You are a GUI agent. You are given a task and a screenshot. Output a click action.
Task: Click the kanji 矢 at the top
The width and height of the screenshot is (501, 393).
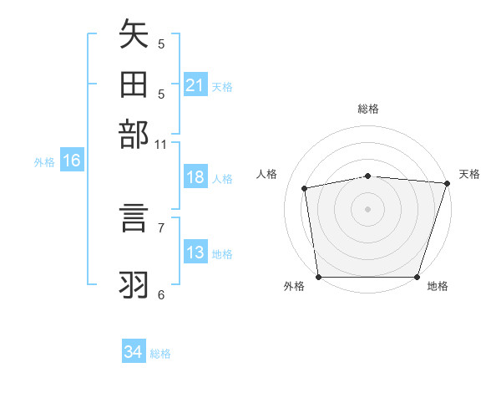click(134, 37)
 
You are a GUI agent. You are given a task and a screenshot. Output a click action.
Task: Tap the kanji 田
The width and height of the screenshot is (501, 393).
click(134, 86)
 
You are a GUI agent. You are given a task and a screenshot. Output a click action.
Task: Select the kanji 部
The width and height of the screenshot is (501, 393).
click(134, 135)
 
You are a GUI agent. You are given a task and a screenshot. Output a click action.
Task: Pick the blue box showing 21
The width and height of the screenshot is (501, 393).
click(195, 85)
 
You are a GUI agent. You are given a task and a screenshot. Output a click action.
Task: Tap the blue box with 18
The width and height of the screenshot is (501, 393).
click(195, 177)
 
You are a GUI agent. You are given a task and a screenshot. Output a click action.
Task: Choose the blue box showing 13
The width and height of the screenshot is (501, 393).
click(195, 253)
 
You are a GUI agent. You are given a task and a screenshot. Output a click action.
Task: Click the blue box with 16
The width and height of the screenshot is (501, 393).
click(71, 161)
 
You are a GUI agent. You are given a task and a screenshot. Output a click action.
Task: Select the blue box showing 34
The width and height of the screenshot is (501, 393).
click(133, 352)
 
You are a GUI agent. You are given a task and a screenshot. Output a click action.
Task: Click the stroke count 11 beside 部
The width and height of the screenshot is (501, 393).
click(160, 145)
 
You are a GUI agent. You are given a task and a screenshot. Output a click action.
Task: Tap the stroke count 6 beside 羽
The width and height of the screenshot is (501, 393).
click(160, 294)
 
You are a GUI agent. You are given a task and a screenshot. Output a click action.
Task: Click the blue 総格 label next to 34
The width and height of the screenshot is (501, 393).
click(160, 354)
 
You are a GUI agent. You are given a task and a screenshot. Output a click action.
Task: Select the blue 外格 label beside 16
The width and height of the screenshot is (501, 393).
click(44, 162)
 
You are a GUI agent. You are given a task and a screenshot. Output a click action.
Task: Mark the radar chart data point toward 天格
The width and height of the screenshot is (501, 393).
click(447, 183)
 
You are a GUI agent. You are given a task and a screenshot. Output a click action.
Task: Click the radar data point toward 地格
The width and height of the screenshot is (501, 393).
click(417, 277)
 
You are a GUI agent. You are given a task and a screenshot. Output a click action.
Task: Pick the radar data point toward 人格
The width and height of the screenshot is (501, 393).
click(306, 188)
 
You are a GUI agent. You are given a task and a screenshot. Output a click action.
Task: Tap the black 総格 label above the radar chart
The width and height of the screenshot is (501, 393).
click(367, 109)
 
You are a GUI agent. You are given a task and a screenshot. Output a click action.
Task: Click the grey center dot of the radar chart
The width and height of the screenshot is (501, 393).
click(367, 208)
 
